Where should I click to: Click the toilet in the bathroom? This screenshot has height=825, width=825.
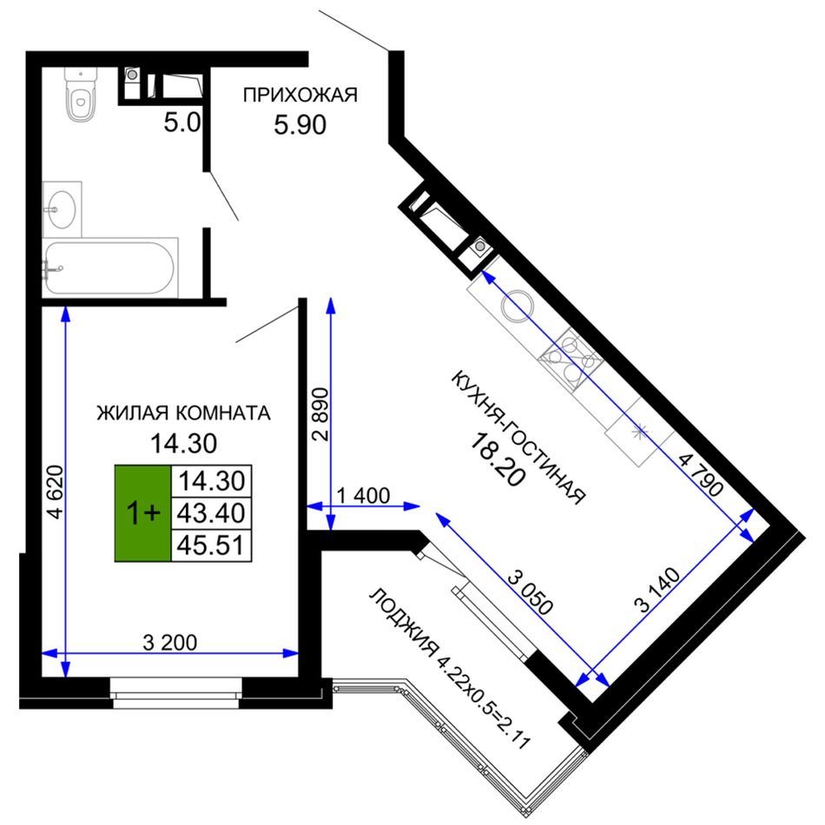81,94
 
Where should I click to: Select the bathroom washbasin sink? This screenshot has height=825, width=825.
62,209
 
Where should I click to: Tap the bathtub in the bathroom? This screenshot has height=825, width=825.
110,267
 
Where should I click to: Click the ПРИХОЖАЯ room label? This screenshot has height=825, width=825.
300,96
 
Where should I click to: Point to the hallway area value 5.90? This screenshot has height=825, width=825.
300,125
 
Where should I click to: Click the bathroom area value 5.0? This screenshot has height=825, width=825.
182,122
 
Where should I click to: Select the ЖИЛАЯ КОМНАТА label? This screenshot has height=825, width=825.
183,413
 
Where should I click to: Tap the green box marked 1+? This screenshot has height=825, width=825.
143,513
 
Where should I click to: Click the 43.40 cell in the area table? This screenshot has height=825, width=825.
211,513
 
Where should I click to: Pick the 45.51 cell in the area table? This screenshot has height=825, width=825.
211,545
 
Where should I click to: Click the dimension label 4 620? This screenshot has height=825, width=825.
56,492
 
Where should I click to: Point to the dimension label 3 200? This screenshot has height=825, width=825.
170,642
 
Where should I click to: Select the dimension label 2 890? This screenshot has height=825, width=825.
320,414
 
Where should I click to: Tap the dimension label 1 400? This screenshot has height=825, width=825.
363,495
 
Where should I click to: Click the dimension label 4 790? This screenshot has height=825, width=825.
701,476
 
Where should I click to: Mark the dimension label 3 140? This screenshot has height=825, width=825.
659,591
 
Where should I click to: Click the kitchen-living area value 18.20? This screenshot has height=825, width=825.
498,459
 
